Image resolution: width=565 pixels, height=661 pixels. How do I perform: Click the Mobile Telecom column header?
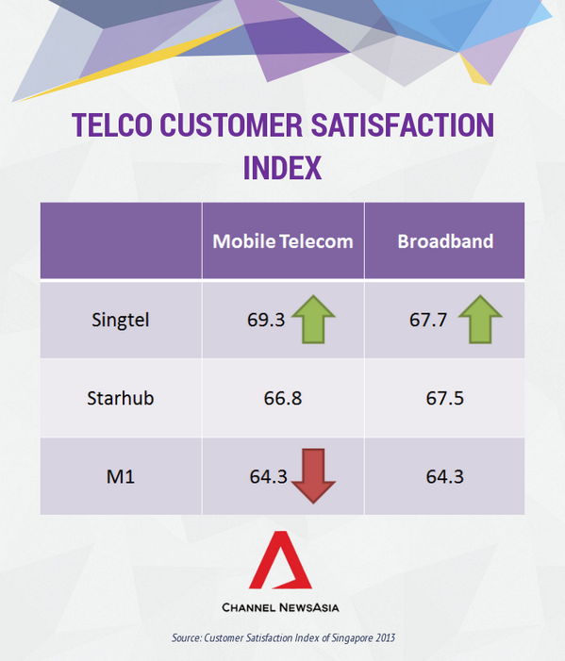coord(283,241)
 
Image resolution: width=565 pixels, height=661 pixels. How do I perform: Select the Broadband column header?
coord(445,241)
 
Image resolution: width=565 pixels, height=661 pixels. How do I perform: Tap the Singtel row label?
coord(120,319)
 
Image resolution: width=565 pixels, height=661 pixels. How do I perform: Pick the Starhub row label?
coord(120,397)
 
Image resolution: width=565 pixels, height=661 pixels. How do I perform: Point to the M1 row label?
coord(120,476)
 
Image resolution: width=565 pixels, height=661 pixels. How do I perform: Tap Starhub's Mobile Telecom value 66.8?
coord(283,398)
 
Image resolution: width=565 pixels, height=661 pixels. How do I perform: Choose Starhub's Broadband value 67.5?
coord(444,398)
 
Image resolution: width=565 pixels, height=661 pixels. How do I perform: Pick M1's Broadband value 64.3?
coord(444,476)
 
